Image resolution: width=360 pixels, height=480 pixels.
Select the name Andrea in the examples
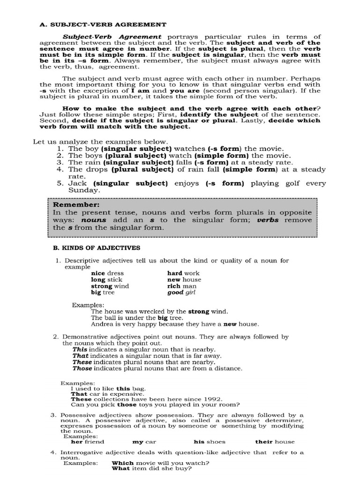102,324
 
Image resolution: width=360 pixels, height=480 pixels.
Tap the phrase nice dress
107,273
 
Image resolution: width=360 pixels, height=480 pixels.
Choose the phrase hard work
183,273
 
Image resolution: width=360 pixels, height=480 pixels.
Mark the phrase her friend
87,442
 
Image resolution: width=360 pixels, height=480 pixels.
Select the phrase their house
275,442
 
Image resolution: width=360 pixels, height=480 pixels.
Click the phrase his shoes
209,442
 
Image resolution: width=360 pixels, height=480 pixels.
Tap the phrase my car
144,442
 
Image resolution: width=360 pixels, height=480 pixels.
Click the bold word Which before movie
122,462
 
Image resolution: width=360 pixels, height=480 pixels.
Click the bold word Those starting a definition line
82,368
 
